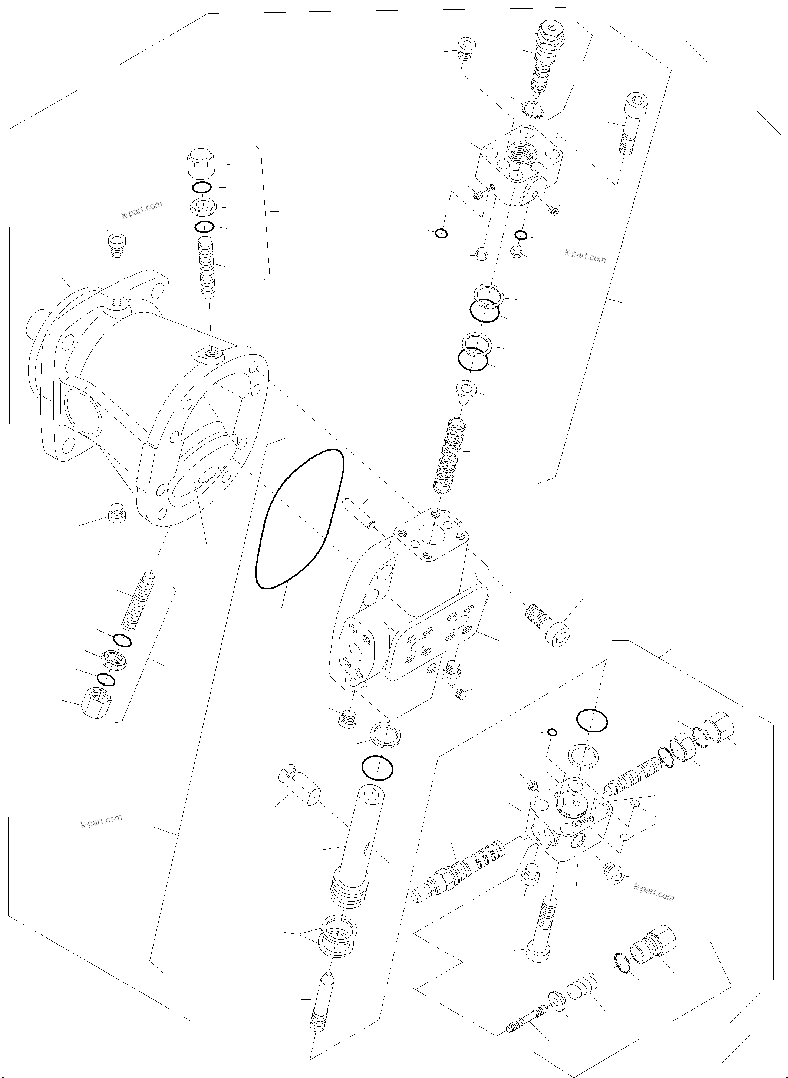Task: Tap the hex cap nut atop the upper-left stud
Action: pos(200,165)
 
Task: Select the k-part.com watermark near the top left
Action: pos(142,210)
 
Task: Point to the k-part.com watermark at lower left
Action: pos(101,821)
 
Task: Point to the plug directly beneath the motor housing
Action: pos(117,513)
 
